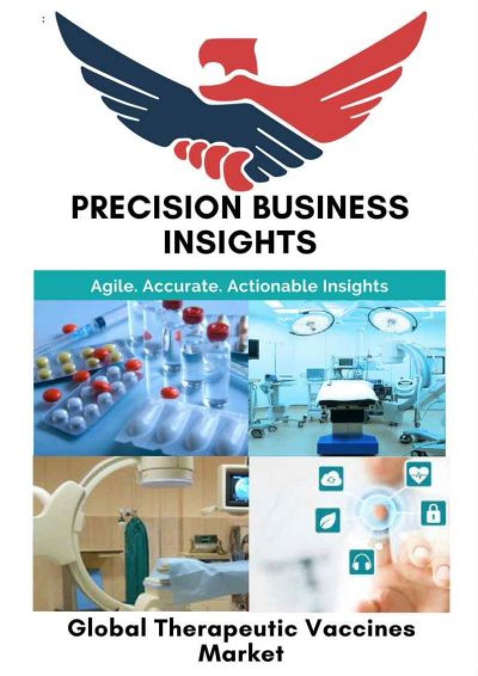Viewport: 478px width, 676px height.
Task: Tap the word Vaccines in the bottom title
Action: click(358, 631)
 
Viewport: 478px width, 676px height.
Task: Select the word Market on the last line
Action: click(241, 654)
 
